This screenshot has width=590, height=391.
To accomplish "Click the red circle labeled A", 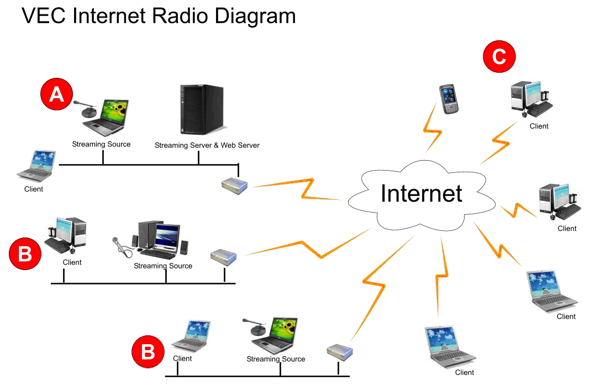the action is click(56, 94).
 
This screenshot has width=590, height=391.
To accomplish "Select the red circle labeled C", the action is click(499, 56).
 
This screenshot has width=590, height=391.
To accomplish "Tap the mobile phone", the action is click(449, 99).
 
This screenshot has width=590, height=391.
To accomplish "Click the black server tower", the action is click(202, 109).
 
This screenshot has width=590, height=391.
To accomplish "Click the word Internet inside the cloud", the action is click(422, 193).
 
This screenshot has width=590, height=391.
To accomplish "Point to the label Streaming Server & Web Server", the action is click(207, 145).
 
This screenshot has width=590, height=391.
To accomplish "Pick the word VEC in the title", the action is click(44, 16).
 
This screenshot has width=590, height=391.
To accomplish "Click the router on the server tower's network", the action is click(234, 186).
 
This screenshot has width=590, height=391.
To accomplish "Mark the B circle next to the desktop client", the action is click(25, 253).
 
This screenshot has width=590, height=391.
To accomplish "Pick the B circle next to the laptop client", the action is click(148, 352).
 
